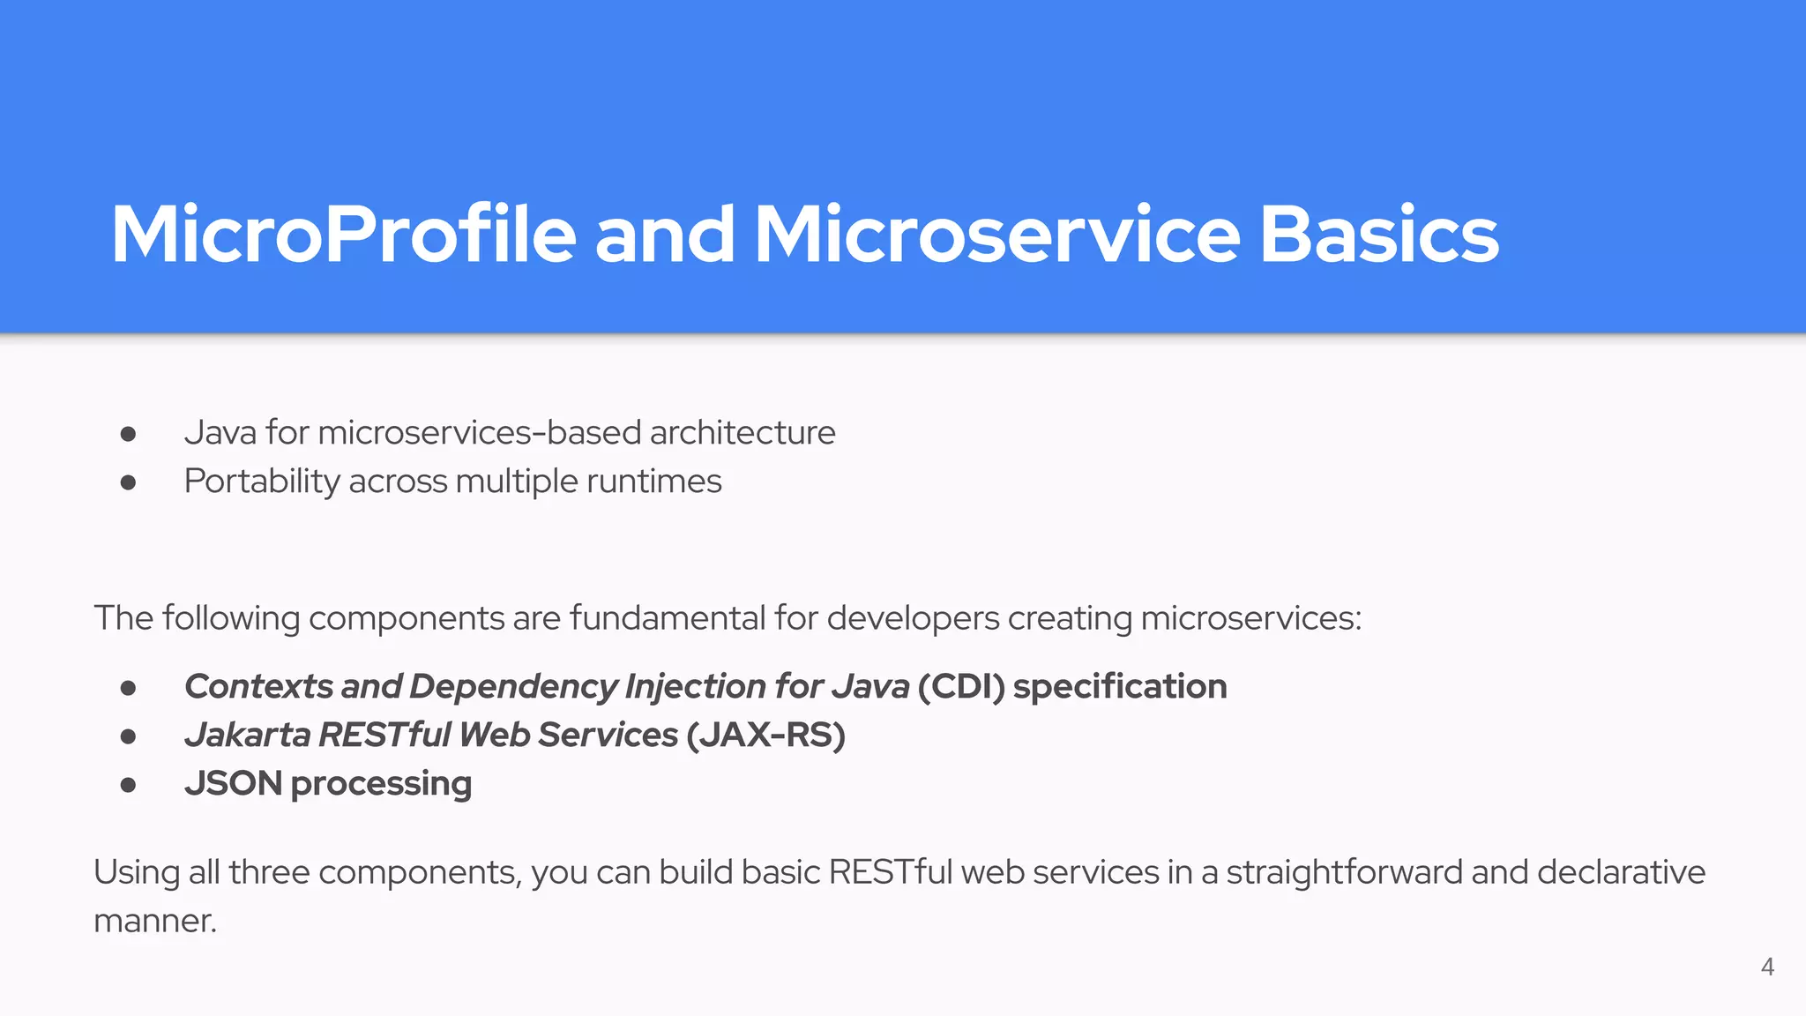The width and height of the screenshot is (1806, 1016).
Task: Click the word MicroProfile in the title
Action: tap(343, 235)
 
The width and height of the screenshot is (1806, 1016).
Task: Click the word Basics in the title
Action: tap(1378, 235)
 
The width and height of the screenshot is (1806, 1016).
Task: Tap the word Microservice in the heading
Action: tap(996, 235)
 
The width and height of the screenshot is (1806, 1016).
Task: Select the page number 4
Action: tap(1767, 967)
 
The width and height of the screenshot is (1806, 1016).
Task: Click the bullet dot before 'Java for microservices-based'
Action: tap(129, 434)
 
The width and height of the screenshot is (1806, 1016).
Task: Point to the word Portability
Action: tap(262, 482)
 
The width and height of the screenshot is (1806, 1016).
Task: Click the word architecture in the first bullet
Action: tap(743, 433)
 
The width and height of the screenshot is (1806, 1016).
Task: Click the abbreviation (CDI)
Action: tap(960, 686)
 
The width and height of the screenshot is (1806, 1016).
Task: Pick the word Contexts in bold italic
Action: tap(258, 686)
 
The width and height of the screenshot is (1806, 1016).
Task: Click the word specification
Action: tap(1120, 686)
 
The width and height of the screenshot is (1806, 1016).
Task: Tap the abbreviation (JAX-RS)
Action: tap(765, 735)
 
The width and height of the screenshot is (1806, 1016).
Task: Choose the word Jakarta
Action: tap(247, 735)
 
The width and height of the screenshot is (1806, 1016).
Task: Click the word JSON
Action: tap(233, 783)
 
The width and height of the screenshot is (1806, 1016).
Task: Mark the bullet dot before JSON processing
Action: tap(129, 784)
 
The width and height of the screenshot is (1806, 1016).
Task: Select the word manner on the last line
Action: tap(154, 921)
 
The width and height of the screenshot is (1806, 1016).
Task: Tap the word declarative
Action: tap(1621, 871)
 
